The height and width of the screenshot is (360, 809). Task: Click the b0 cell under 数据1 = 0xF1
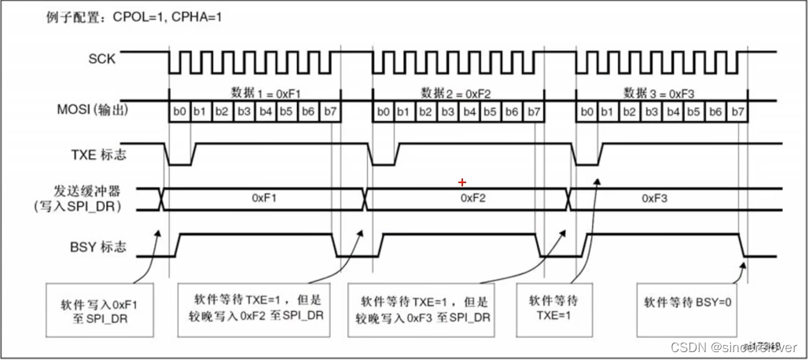179,113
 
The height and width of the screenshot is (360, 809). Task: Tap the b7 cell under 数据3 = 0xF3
737,113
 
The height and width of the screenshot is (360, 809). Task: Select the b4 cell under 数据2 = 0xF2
469,113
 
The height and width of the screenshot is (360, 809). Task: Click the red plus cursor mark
462,182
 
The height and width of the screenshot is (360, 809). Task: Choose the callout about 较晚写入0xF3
425,308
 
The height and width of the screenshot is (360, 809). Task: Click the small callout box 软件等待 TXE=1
555,307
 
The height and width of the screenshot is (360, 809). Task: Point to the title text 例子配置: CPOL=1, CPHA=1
133,17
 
